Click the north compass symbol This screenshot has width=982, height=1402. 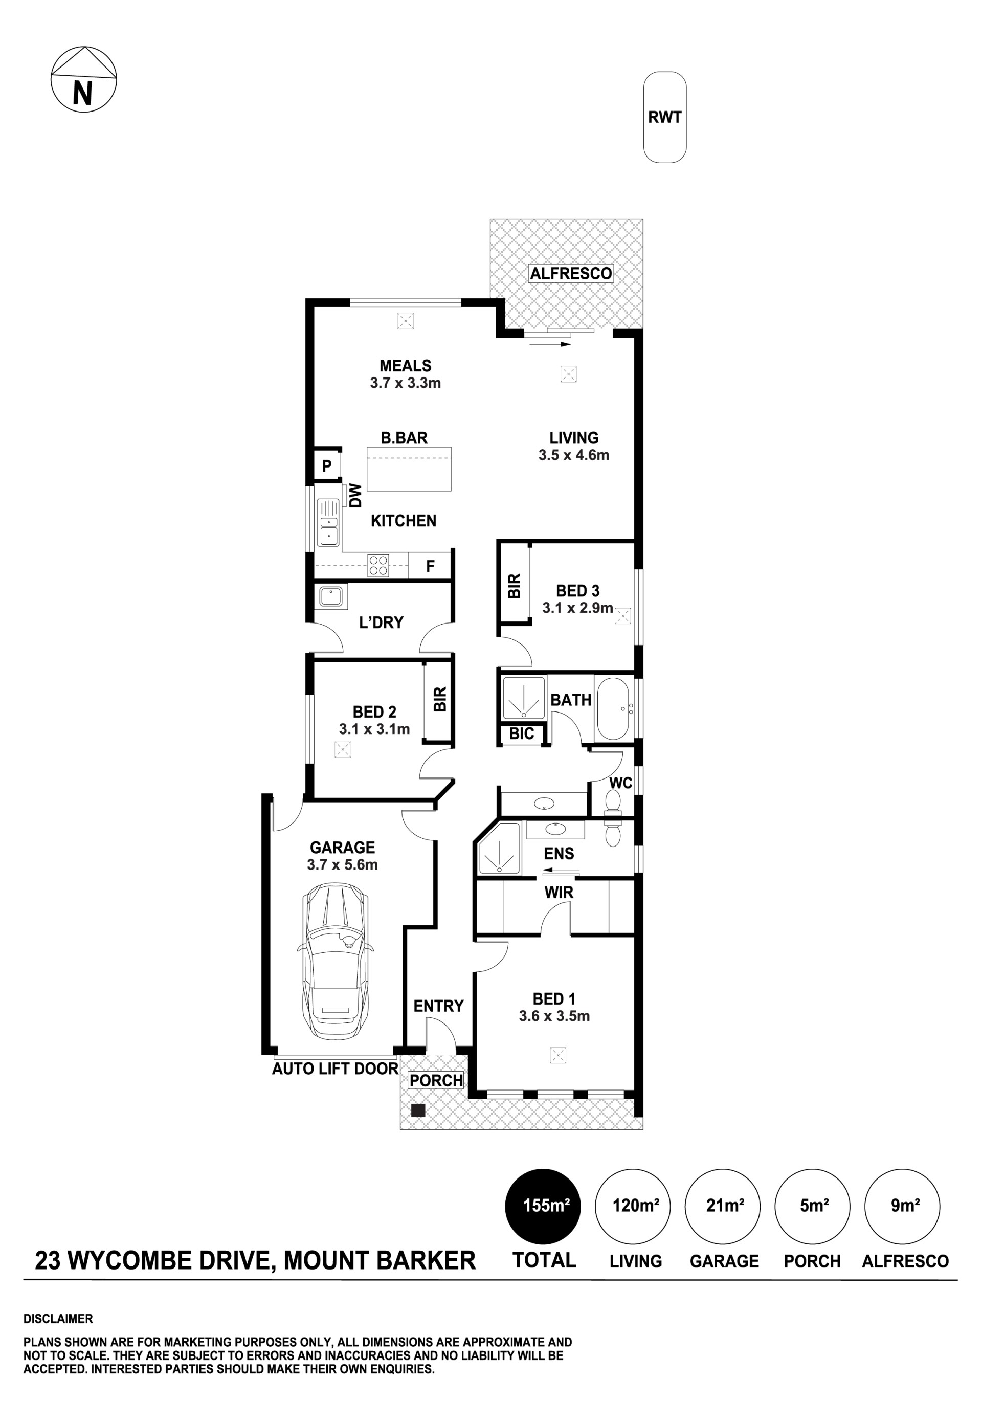click(x=83, y=79)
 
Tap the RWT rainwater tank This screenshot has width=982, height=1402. click(x=664, y=117)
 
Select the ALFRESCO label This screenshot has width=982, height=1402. click(x=570, y=273)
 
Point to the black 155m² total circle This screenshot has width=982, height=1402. click(x=542, y=1206)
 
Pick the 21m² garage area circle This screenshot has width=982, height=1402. click(x=723, y=1206)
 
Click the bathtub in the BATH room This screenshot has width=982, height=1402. click(x=614, y=708)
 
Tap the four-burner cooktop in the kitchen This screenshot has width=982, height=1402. click(x=378, y=565)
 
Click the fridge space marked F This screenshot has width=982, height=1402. click(x=430, y=565)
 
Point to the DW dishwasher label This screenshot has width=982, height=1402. click(x=355, y=495)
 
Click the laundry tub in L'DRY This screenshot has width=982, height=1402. click(x=331, y=596)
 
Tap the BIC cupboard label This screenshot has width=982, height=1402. click(x=522, y=733)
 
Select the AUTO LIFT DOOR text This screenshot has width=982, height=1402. click(x=334, y=1069)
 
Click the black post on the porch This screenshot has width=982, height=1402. click(x=418, y=1110)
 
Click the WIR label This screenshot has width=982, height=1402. click(x=559, y=892)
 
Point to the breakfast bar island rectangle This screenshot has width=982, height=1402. click(x=409, y=469)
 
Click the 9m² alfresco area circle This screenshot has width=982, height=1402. click(x=902, y=1206)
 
